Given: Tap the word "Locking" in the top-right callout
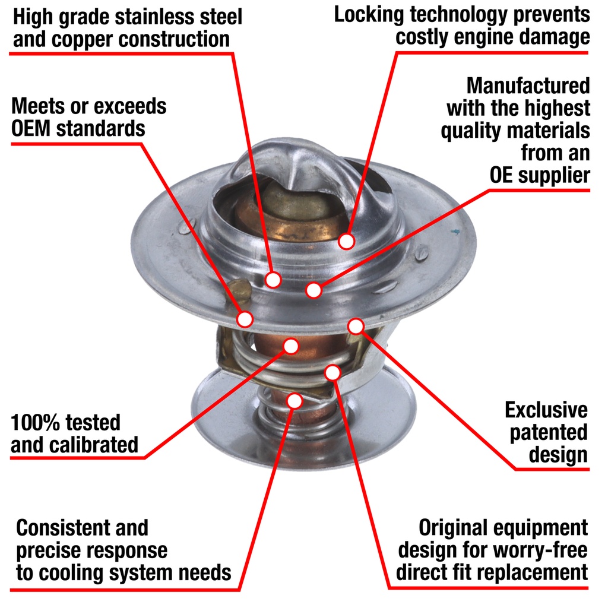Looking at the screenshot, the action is point(369,15).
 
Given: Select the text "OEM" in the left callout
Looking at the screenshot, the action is point(31,128).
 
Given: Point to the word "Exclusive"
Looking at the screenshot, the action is point(546,410).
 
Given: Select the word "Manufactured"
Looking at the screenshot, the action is point(528,85).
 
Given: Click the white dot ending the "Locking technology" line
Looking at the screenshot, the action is point(346,241).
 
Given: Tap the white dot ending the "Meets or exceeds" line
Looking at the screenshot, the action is point(245,319).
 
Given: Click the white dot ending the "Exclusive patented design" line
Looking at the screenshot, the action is point(356,326).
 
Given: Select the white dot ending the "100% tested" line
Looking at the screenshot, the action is point(291,346).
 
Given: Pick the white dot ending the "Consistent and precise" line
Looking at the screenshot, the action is point(294,401).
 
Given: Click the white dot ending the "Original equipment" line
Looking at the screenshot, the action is point(332,373).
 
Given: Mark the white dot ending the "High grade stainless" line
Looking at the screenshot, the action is point(273,279).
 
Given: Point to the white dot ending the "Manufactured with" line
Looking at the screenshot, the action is point(313,290).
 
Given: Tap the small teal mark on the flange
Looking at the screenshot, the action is point(455,232).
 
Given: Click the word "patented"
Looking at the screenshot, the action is point(549,433).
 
